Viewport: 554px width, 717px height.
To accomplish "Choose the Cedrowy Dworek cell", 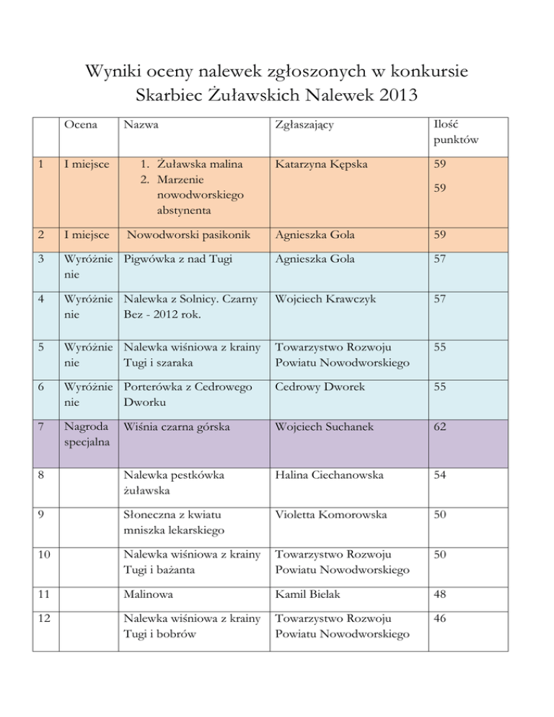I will pos(313,387).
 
